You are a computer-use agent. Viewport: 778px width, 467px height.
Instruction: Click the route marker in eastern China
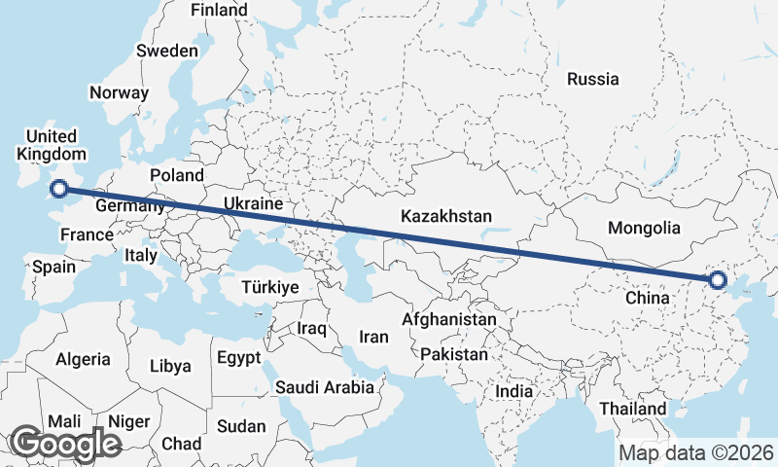coord(718,280)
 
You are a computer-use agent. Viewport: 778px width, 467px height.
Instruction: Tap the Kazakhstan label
coord(448,216)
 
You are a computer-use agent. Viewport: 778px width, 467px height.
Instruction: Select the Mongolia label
coord(643,229)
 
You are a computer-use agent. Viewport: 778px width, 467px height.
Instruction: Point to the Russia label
coord(593,79)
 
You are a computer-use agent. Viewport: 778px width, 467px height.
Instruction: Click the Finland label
coord(219,10)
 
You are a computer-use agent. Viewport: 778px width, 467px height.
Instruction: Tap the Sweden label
coord(167,51)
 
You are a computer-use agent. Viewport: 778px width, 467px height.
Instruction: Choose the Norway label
coord(119,93)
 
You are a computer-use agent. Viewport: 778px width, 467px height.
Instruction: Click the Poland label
coord(177,176)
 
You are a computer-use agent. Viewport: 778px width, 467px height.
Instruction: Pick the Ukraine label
coord(253,204)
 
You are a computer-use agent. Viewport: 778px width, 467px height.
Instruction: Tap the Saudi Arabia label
coord(325,387)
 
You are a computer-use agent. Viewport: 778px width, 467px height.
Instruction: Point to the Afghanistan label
coord(449,319)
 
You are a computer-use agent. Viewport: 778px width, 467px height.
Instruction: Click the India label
coord(513,391)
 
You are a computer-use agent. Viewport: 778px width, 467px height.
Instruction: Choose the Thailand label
coord(634,409)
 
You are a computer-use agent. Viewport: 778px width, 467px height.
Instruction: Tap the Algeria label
coord(83,359)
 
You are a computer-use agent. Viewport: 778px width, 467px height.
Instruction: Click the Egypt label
coord(238,357)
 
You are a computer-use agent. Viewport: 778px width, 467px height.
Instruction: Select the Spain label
coord(54,267)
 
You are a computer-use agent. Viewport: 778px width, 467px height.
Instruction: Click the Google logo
coord(64,444)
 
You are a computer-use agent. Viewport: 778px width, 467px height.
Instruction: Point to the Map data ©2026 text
coord(695,453)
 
